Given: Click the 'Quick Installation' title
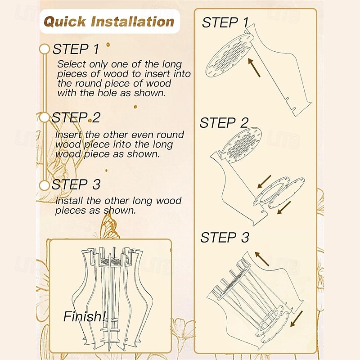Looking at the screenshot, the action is point(109,22).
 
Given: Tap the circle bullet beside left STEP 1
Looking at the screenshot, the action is point(44,49).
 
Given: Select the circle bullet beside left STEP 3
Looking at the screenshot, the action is point(44,185).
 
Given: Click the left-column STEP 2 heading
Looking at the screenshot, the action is point(76,117).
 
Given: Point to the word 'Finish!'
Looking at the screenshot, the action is point(85,316).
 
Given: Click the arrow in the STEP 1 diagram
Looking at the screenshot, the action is point(254,67).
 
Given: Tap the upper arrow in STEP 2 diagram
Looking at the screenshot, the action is point(264,182).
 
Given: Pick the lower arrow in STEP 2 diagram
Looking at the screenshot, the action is point(284,207).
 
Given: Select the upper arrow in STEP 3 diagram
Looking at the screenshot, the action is point(262,259).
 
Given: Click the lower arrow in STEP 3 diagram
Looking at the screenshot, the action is point(297,319).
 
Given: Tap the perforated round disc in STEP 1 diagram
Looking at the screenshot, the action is point(229,55).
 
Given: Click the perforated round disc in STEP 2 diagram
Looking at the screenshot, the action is point(241,145).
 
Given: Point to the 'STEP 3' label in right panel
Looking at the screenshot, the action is point(225,238).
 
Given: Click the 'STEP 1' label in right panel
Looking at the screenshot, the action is point(225,23).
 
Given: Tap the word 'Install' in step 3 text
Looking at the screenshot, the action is point(69,201).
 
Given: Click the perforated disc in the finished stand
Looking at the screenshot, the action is point(111,262).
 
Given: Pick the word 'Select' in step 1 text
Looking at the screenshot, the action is point(72,64).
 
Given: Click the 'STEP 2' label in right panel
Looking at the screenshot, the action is point(224,123).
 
